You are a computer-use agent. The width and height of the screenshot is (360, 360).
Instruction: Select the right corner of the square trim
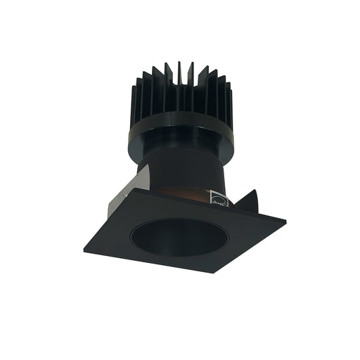tap(284, 224)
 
